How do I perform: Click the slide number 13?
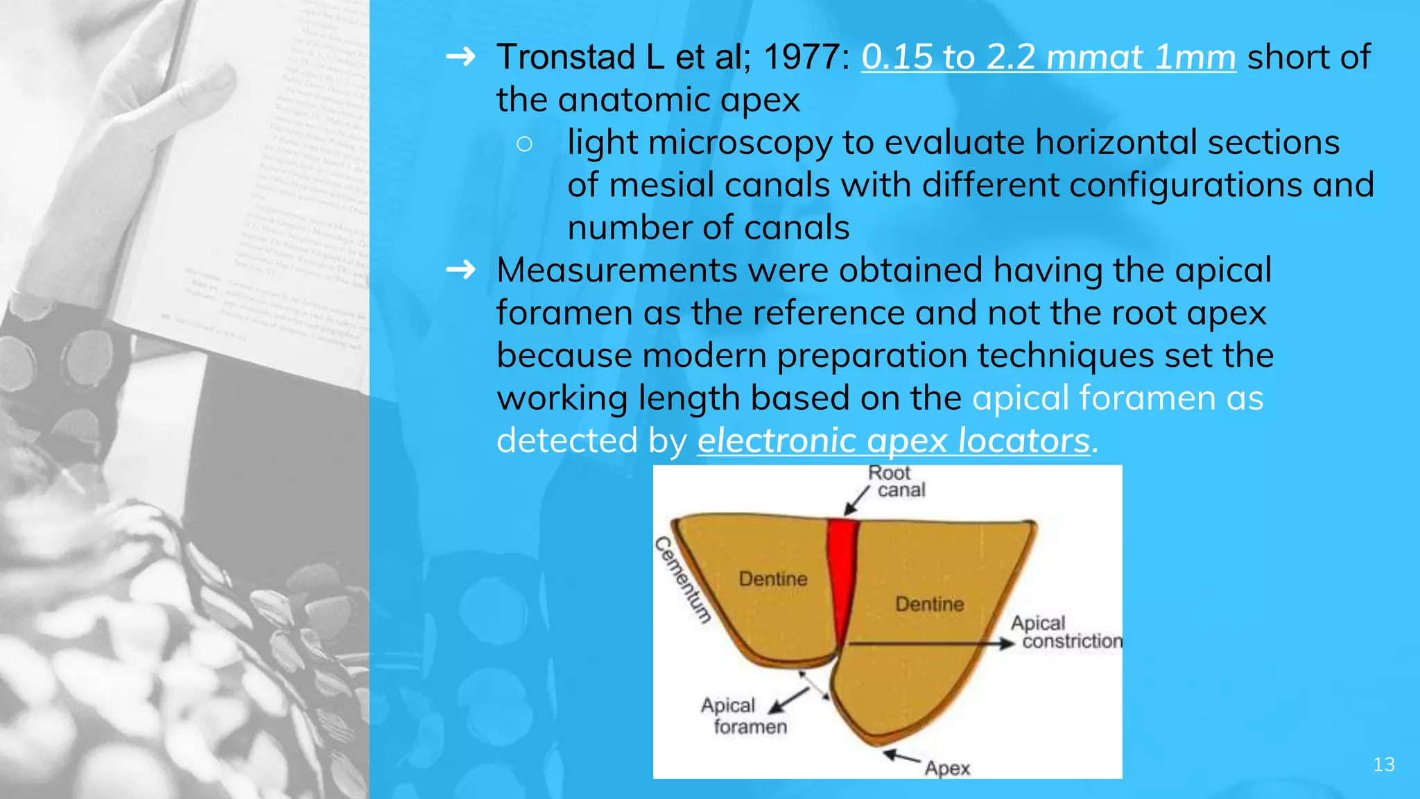(1383, 764)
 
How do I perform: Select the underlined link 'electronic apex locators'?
(893, 440)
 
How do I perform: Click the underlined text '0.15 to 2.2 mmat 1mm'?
(1048, 57)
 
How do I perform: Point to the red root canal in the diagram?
(843, 576)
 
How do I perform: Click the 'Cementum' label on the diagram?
(683, 580)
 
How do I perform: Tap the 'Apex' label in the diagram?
(947, 768)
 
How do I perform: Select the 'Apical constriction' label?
(1064, 632)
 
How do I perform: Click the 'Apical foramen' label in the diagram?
(742, 716)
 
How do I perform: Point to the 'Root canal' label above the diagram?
(895, 481)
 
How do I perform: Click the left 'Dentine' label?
(773, 578)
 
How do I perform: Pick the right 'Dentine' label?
(929, 603)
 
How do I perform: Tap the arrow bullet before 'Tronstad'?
(460, 56)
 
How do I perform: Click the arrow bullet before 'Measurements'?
(460, 269)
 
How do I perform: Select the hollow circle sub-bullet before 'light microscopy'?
(524, 144)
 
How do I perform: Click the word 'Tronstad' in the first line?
(566, 57)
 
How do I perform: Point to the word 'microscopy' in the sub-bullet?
(740, 143)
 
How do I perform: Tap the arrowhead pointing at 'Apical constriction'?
(1006, 644)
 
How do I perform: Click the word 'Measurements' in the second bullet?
(616, 270)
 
